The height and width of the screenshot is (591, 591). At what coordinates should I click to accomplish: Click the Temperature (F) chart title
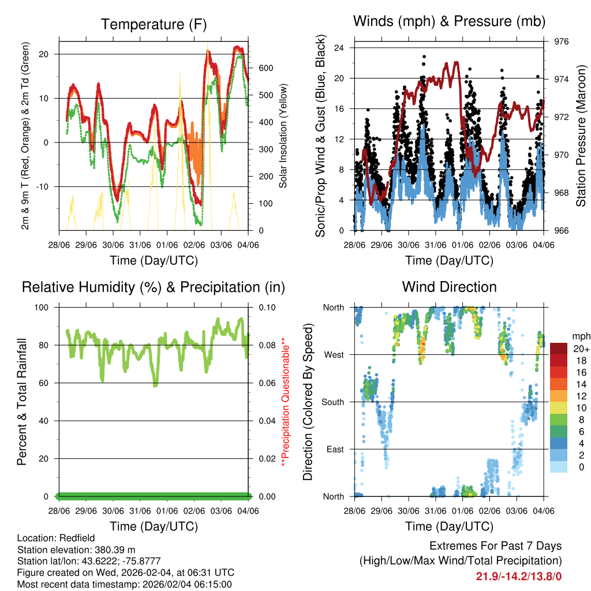(154, 24)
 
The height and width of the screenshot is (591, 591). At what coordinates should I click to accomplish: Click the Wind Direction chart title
(449, 286)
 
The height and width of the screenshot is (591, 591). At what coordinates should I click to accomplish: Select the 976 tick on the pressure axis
(562, 42)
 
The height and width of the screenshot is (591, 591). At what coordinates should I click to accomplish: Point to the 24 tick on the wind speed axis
(339, 48)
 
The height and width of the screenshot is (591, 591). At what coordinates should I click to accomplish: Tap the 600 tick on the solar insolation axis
(265, 68)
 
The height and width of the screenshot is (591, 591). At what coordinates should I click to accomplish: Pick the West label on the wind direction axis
(333, 354)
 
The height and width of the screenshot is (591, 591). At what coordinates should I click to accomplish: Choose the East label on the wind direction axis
(335, 449)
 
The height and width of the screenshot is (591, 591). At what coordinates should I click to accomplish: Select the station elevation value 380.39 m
(110, 549)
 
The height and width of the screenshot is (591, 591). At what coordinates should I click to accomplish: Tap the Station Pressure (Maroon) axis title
(581, 136)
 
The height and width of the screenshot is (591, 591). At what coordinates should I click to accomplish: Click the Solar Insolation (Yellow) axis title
(283, 136)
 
